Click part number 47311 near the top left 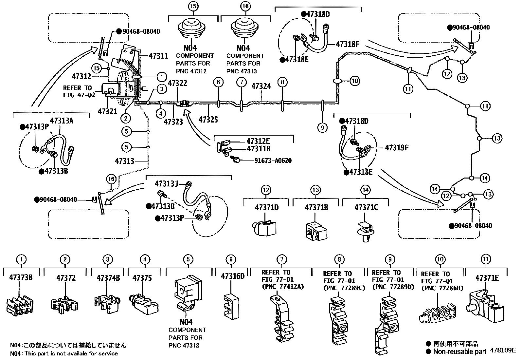tap(158, 56)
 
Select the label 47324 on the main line tap(261, 86)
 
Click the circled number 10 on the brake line tap(355, 81)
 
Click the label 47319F tap(397, 148)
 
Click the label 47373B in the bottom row tap(21, 278)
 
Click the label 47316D tap(232, 276)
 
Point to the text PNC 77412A tap(283, 287)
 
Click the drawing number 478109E tap(502, 350)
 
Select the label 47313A tap(62, 121)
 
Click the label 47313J tap(166, 183)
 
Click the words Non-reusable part tap(460, 352)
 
